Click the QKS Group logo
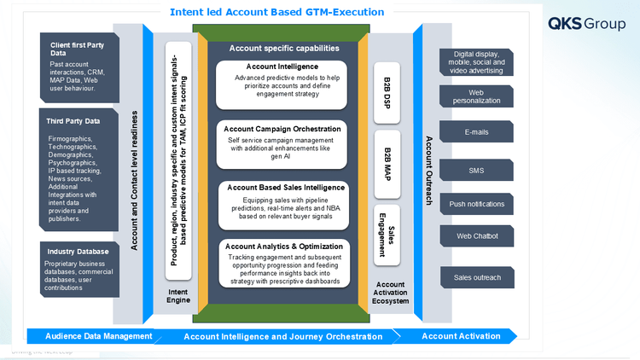[x=586, y=23]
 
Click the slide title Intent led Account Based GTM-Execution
[x=277, y=13]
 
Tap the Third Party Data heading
[x=73, y=121]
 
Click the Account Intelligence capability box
[x=282, y=84]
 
